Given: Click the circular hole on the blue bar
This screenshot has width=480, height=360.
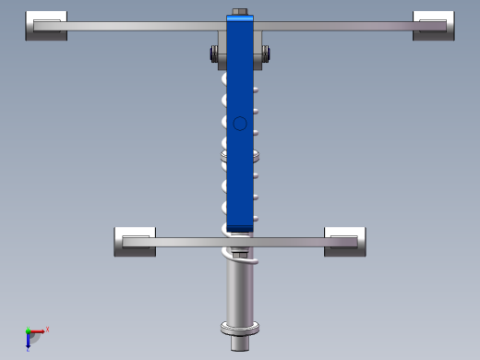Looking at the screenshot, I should (x=240, y=123).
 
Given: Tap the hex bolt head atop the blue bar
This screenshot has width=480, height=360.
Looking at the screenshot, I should (x=240, y=13).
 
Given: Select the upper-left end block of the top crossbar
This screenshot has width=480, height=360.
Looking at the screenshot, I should (x=46, y=26).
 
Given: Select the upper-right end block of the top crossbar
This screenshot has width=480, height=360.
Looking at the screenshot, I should (x=434, y=26).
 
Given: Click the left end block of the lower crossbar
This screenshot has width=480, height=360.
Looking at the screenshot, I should (x=135, y=241).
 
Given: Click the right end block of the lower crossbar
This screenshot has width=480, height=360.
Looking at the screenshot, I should (x=346, y=241).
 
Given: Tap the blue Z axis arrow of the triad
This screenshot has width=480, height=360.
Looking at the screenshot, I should (x=29, y=342).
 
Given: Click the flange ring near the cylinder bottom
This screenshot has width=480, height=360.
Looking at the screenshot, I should (x=239, y=329).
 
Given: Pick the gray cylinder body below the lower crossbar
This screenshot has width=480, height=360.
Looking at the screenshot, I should (x=239, y=291).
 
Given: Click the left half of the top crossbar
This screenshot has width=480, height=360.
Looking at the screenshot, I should (x=138, y=27).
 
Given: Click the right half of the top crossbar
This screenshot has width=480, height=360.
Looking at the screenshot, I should (x=342, y=27).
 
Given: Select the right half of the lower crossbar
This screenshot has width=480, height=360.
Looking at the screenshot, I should (x=295, y=242).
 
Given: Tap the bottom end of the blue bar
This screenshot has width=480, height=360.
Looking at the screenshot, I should (x=240, y=224).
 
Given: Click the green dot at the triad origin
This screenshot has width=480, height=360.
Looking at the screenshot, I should (x=29, y=331).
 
